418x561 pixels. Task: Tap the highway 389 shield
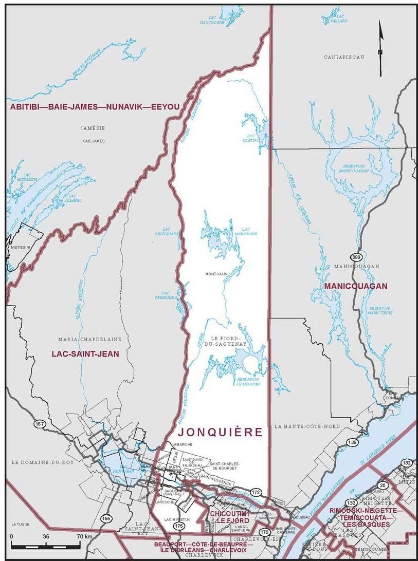356,256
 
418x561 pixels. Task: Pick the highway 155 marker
106,518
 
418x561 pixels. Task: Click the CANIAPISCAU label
343,57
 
